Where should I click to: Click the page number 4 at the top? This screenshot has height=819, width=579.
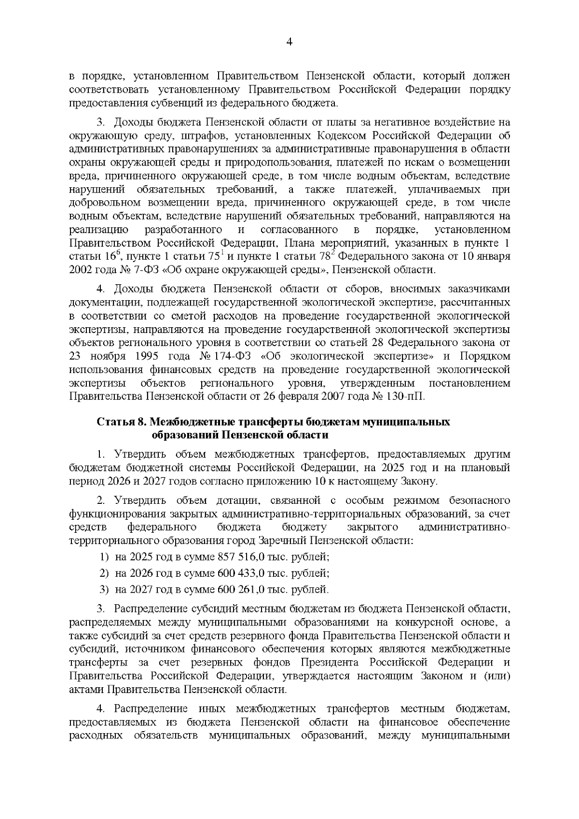click(289, 42)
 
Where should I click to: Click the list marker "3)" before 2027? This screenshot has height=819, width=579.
click(104, 590)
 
